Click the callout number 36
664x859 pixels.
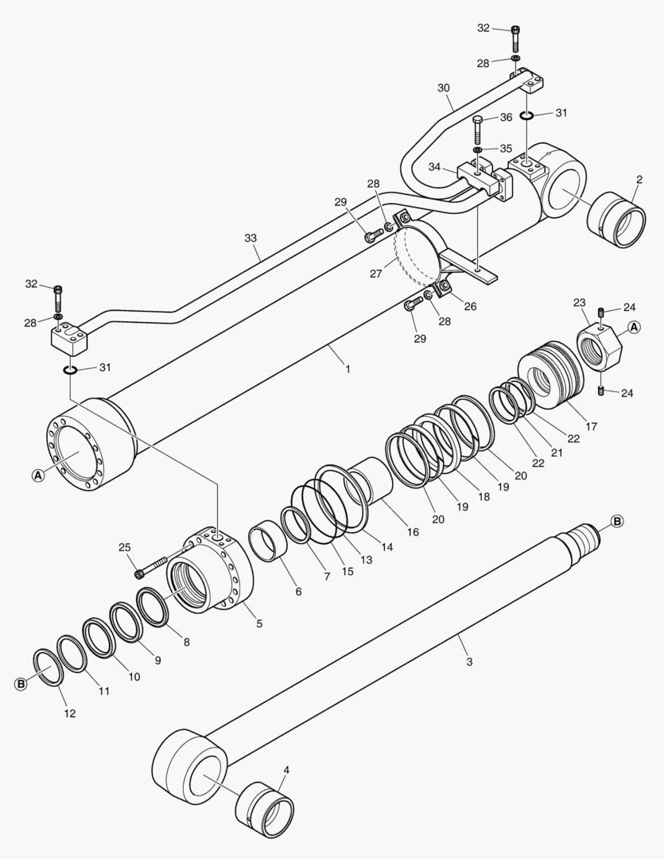coord(505,118)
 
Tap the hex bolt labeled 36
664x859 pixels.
coord(477,130)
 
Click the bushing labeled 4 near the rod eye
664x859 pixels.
coord(266,808)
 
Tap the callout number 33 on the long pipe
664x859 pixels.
coord(251,237)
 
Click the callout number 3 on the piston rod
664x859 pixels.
coord(469,662)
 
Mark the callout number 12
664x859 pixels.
coord(70,713)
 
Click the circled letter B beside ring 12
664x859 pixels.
coord(22,684)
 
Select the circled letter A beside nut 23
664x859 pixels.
coord(634,327)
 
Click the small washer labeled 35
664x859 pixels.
coord(476,150)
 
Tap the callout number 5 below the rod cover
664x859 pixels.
coord(258,624)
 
